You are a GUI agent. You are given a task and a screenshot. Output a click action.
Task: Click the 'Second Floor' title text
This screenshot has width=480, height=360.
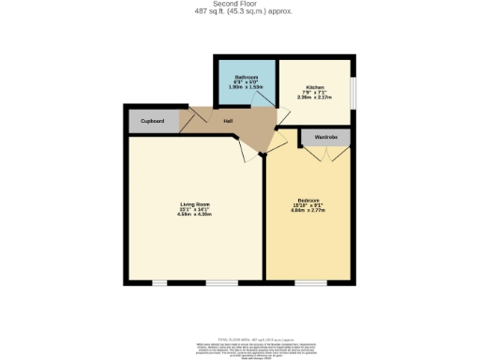pos(239,4)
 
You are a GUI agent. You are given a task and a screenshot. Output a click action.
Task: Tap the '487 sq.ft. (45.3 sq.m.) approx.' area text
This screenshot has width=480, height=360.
pos(239,11)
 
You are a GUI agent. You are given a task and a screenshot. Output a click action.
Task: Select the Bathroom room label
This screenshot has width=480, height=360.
pos(247,76)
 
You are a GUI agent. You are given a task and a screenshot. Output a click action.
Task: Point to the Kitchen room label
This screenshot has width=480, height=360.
pos(314,86)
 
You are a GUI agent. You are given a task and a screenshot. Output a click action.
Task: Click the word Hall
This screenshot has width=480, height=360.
pos(228,121)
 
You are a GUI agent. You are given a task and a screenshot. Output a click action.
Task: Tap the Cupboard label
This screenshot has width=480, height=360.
pos(153,121)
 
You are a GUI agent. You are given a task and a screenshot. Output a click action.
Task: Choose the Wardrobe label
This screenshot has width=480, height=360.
pos(325,137)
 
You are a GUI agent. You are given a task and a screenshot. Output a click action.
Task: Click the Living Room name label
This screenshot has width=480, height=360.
pos(195,204)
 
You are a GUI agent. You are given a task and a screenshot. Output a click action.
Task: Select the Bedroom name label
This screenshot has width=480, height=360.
pos(308,201)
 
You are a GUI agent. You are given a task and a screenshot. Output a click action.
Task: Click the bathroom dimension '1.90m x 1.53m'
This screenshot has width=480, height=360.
pos(247,86)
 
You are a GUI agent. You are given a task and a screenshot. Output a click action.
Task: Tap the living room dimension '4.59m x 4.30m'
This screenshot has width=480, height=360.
pos(195,215)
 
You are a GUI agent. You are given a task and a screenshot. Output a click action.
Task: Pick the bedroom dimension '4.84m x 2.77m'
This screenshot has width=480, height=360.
pos(308,211)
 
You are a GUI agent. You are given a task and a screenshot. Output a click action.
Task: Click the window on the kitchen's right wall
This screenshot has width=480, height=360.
pos(354,94)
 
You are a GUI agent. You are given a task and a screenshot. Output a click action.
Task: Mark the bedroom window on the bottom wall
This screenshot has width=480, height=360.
pos(310,282)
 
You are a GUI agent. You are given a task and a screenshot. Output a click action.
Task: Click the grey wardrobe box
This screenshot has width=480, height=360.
pos(325,138)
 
